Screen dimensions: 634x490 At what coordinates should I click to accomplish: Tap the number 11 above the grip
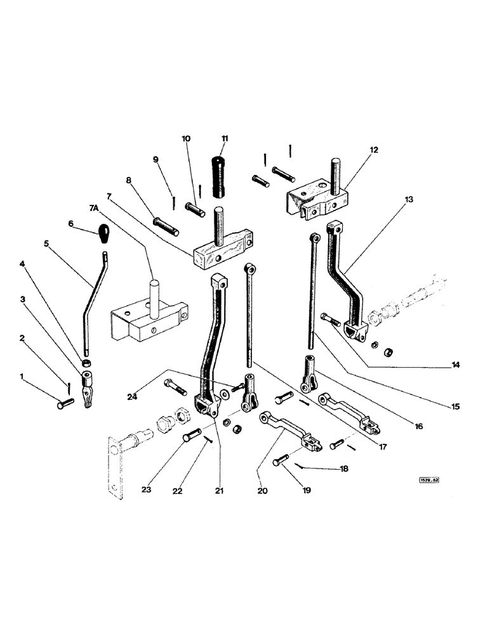pyautogui.click(x=225, y=138)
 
